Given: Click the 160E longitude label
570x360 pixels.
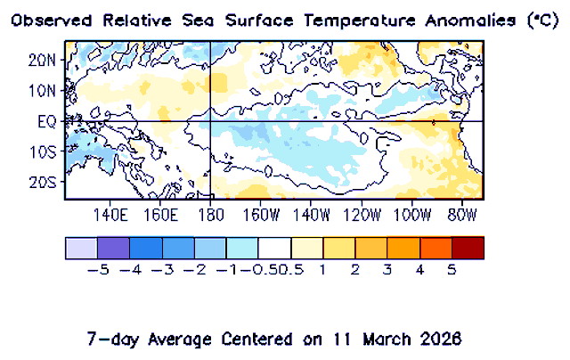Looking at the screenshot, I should [161, 215].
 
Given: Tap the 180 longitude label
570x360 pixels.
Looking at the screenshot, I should [209, 215].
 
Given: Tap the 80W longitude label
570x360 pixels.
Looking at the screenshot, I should [462, 215].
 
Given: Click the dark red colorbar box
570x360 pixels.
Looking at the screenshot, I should [468, 248].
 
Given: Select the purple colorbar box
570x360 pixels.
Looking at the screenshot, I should [113, 248].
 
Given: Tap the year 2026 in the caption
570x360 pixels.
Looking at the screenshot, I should [443, 340].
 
